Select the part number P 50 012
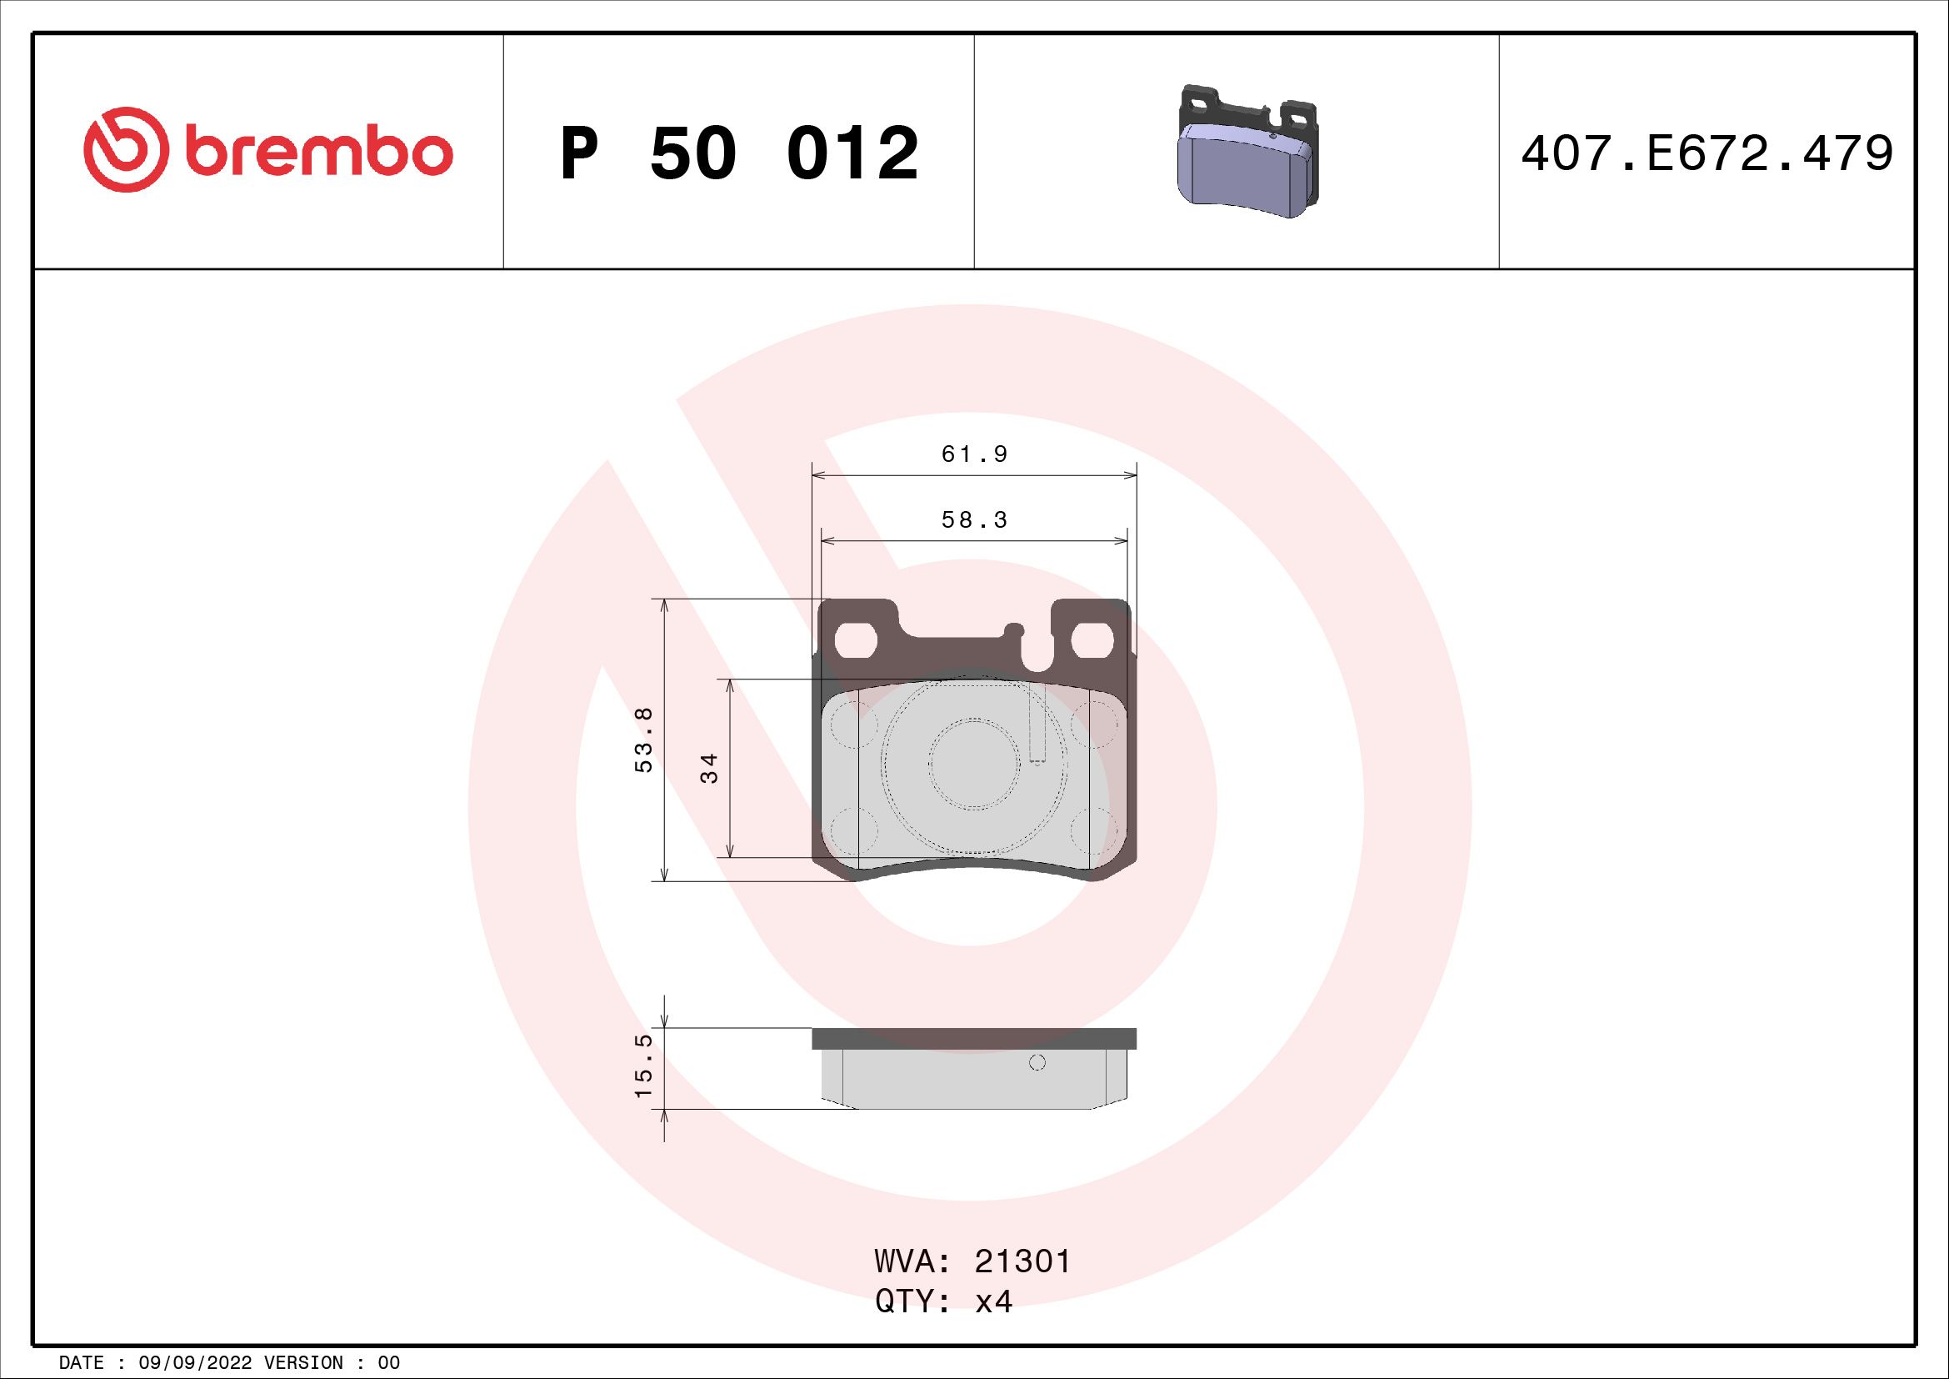tap(739, 153)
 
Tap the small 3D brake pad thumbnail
tap(1248, 151)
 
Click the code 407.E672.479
tap(1707, 153)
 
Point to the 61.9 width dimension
tap(975, 454)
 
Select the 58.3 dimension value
tap(975, 519)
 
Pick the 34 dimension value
tap(710, 768)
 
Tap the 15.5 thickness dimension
tap(643, 1065)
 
